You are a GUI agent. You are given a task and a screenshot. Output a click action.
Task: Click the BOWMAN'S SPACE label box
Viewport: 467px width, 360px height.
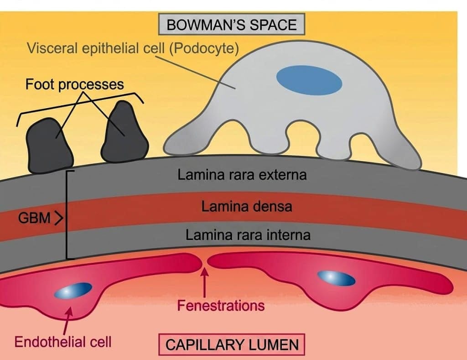click(x=231, y=24)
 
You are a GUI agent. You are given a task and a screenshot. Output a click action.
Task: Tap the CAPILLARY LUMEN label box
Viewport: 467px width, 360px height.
click(x=232, y=345)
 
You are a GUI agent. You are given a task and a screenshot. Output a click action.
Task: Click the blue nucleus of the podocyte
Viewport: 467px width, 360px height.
click(x=309, y=80)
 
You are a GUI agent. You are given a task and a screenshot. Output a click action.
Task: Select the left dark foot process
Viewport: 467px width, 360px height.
click(x=49, y=146)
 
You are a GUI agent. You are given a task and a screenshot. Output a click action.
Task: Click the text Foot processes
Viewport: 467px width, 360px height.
click(x=74, y=84)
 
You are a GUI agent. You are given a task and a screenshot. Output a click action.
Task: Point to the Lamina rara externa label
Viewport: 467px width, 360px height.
click(x=242, y=175)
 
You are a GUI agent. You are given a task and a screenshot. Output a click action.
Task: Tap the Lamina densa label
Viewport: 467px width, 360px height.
click(x=247, y=207)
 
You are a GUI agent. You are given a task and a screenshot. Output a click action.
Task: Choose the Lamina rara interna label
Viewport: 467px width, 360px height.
click(x=248, y=235)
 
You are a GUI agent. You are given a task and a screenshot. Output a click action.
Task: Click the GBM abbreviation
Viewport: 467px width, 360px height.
click(x=34, y=218)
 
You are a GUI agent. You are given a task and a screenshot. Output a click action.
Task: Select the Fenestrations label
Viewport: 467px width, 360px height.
click(x=221, y=306)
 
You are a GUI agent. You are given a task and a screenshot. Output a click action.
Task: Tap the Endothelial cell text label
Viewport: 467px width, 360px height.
click(x=63, y=342)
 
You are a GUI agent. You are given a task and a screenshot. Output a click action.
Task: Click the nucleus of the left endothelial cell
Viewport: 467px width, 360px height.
click(x=73, y=291)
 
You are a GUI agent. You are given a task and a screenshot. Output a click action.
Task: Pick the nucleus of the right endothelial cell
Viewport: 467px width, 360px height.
click(x=336, y=278)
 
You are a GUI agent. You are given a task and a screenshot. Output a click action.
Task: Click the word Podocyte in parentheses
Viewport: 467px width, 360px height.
click(x=204, y=48)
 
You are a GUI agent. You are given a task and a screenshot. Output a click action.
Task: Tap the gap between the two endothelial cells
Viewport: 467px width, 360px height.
click(x=205, y=261)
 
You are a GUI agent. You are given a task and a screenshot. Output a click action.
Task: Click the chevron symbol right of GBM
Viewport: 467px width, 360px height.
click(x=59, y=218)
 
